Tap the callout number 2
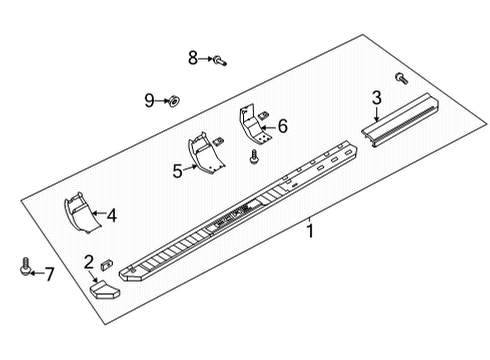pyautogui.click(x=89, y=262)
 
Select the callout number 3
pyautogui.click(x=376, y=98)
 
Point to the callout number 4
pyautogui.click(x=111, y=214)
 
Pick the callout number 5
pyautogui.click(x=178, y=172)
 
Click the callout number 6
pyautogui.click(x=282, y=126)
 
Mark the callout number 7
pyautogui.click(x=49, y=273)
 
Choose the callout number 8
pyautogui.click(x=193, y=58)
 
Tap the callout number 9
pyautogui.click(x=149, y=99)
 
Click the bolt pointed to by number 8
pyautogui.click(x=219, y=62)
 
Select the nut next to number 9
pyautogui.click(x=172, y=100)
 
